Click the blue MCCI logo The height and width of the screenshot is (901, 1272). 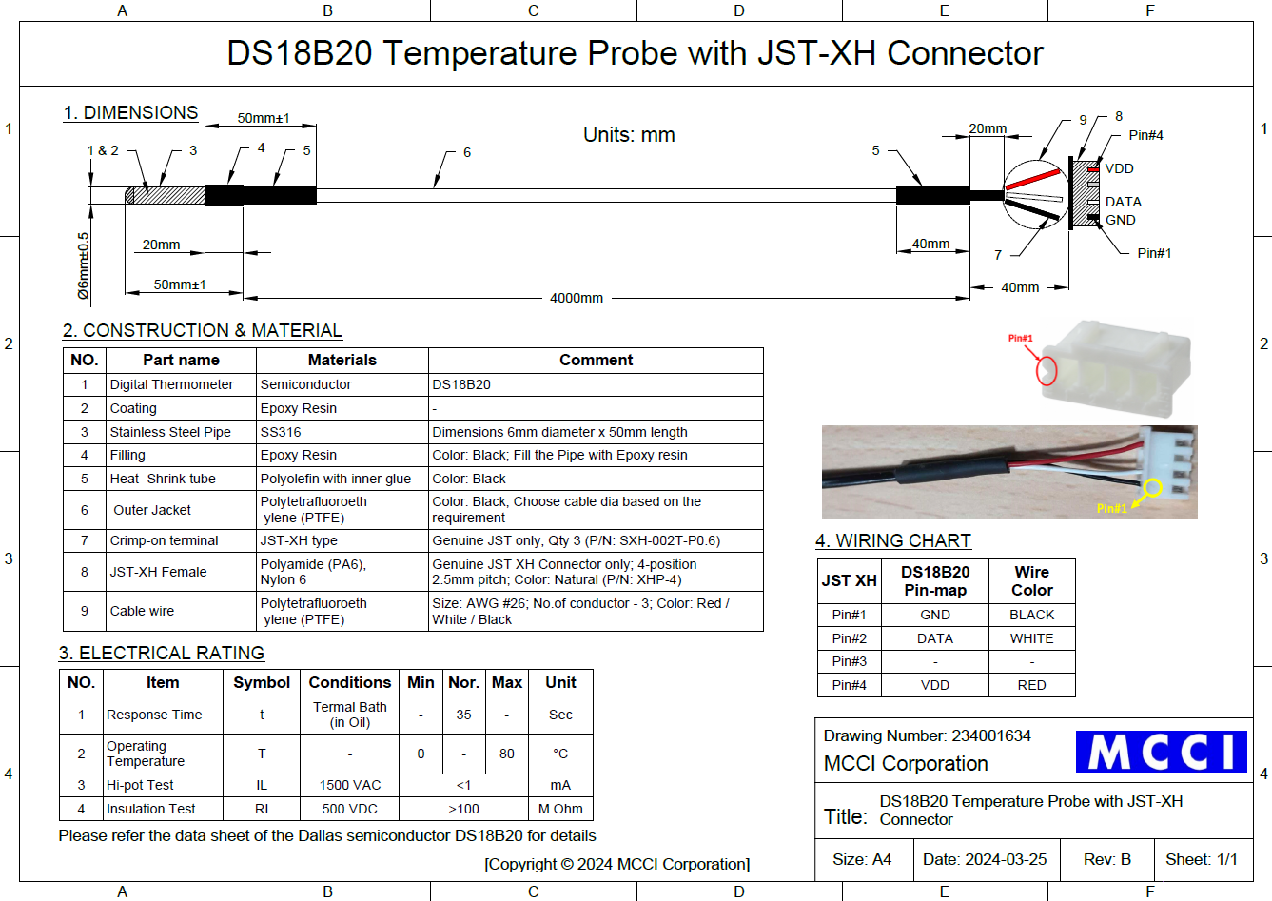point(1161,752)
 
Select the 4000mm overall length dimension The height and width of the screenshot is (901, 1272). point(577,298)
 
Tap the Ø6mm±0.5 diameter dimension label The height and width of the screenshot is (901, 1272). point(84,265)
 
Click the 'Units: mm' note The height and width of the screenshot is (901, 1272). point(629,135)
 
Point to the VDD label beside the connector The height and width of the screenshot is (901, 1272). point(1119,168)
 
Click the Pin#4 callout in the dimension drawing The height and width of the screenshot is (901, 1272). point(1145,135)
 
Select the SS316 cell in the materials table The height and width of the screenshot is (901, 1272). point(281,432)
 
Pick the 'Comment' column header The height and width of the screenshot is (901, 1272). point(596,360)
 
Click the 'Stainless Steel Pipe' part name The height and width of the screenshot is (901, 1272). point(170,432)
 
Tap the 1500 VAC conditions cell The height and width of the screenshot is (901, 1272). point(350,785)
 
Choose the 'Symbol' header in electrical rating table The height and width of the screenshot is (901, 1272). point(262,682)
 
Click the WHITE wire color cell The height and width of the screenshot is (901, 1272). point(1031,638)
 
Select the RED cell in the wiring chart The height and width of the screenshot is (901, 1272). point(1031,685)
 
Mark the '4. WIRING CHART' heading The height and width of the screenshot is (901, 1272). point(893,541)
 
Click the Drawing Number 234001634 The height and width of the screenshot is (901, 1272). point(990,735)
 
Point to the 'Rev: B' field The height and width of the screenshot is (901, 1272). point(1106,859)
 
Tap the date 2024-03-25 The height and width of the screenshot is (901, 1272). point(1005,859)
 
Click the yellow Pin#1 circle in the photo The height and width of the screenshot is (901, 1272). point(1152,488)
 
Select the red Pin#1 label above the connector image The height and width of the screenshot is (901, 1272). point(1020,338)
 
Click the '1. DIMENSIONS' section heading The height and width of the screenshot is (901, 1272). point(131,112)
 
